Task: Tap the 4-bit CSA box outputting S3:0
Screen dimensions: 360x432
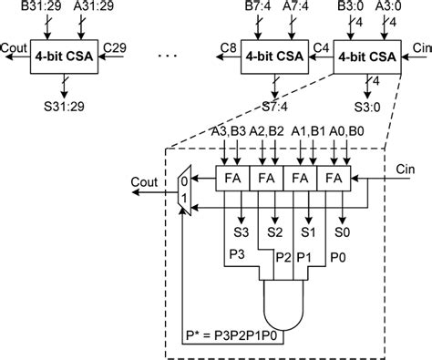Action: [367, 54]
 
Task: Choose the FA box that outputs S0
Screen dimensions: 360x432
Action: [336, 175]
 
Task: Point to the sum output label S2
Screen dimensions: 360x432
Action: [273, 233]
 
